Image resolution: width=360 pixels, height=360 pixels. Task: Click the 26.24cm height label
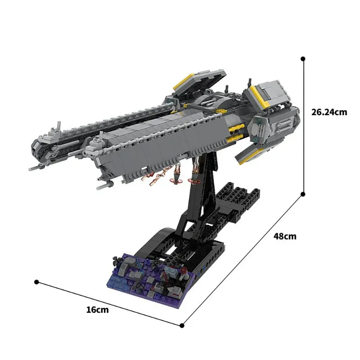[329, 112]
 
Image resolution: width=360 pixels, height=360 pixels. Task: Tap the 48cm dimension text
[285, 236]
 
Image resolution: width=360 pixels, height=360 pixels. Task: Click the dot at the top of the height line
[303, 58]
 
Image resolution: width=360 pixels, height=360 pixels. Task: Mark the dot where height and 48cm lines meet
[303, 194]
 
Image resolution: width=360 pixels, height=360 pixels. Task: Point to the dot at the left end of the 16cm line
[36, 282]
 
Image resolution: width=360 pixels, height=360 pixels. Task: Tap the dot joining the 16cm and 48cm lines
[182, 325]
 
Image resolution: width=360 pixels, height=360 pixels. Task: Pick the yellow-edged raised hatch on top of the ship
[198, 83]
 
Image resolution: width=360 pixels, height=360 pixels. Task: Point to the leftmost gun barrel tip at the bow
[30, 169]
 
